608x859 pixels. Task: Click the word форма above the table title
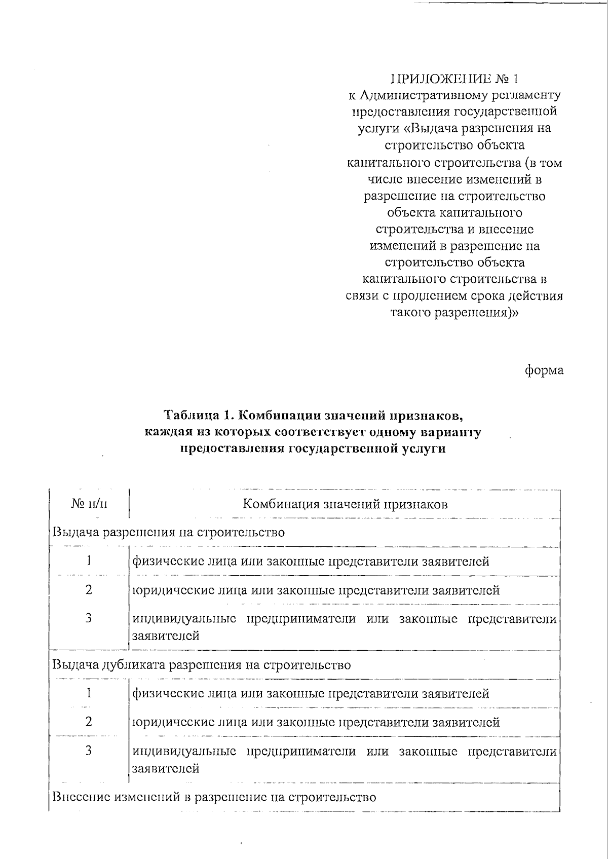[x=544, y=370]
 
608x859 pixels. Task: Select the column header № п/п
[x=89, y=504]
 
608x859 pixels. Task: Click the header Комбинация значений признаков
[x=345, y=504]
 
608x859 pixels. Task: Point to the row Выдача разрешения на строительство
[x=169, y=532]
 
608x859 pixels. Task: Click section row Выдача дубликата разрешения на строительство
[x=202, y=664]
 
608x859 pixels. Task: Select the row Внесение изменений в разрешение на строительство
[x=214, y=797]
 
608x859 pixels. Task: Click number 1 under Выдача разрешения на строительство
[x=89, y=561]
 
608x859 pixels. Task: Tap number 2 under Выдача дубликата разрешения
[x=89, y=721]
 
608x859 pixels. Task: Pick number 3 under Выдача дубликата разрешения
[x=89, y=751]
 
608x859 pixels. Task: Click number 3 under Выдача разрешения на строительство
[x=89, y=618]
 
